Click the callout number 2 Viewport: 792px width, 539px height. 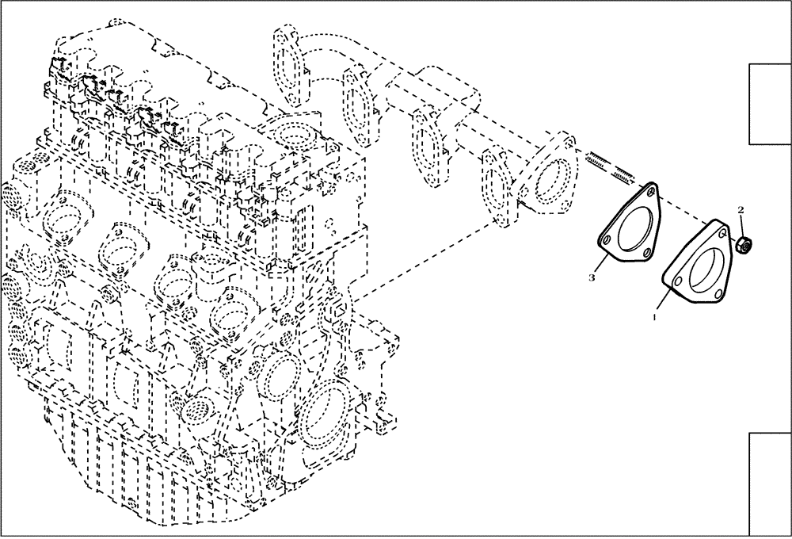click(741, 210)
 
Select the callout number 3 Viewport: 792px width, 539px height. click(592, 277)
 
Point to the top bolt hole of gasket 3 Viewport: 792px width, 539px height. click(651, 192)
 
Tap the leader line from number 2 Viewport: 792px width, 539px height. click(742, 224)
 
